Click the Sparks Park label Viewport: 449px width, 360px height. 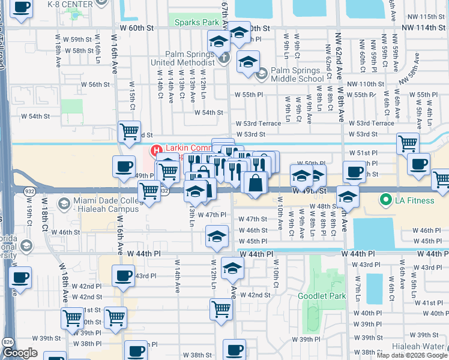coord(196,22)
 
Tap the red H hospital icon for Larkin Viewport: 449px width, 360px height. coord(156,150)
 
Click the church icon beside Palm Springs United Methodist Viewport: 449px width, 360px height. coord(224,59)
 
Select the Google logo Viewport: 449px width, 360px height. coord(20,353)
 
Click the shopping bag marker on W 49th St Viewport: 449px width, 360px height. coord(256,182)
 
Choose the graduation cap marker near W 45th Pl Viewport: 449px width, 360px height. coord(217,236)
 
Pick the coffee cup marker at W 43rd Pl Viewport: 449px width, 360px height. coord(123,276)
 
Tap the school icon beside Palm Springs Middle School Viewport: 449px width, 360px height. coord(261,74)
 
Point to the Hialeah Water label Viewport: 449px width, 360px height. coord(420,347)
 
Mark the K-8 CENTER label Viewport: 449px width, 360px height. coord(70,4)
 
